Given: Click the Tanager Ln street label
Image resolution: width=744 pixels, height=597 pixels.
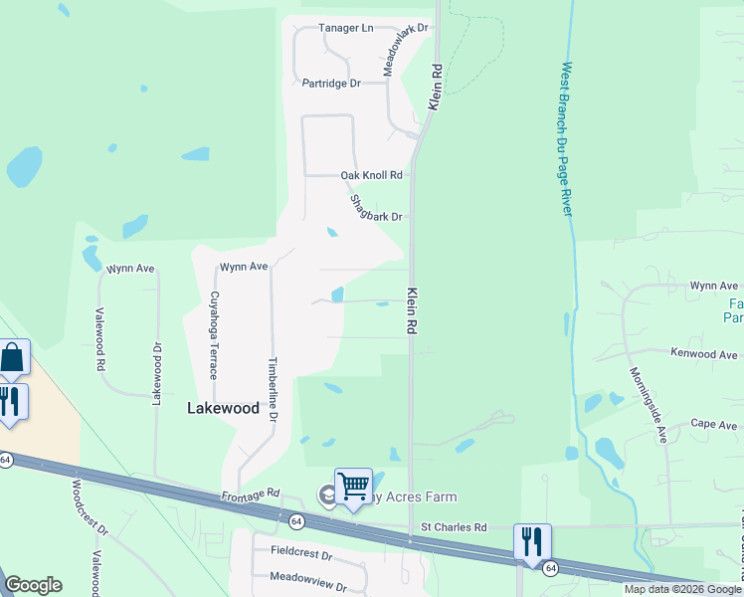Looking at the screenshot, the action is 345,28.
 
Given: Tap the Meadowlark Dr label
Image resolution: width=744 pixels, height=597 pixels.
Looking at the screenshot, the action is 406,51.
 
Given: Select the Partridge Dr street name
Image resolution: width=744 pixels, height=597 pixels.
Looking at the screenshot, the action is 331,84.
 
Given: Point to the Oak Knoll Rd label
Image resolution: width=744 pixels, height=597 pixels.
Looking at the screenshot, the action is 371,175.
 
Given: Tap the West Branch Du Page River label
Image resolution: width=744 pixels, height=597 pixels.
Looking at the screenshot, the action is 566,139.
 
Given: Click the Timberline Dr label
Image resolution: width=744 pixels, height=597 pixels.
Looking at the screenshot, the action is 272,390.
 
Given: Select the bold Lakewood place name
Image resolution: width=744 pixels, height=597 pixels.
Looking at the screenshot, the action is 224,408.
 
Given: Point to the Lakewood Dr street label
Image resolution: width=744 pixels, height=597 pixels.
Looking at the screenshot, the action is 155,374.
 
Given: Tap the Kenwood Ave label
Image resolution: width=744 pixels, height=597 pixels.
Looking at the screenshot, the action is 704,353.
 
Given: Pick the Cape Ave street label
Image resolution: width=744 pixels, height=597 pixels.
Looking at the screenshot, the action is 714,425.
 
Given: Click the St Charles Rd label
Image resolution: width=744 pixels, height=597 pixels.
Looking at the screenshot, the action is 454,526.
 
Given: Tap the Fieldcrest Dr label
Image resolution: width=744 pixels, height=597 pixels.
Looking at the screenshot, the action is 300,550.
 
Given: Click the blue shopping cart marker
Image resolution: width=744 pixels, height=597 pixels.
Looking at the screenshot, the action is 353,487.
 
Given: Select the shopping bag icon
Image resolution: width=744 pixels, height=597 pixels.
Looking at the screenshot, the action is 12,357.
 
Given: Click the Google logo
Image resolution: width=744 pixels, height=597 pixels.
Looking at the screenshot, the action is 34,585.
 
